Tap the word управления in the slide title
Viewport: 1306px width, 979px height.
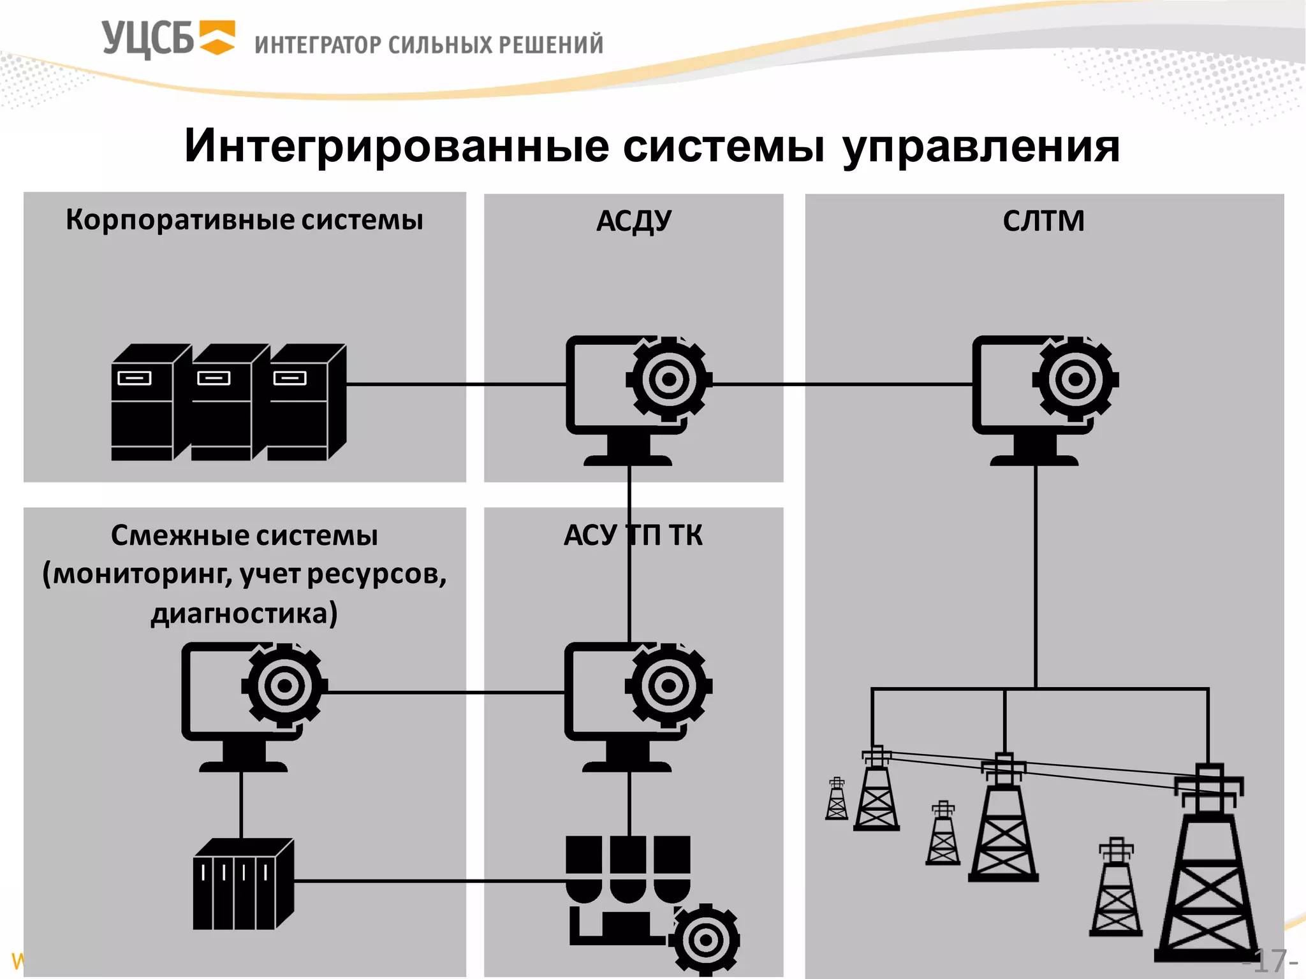[981, 147]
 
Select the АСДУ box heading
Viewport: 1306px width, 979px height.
[633, 221]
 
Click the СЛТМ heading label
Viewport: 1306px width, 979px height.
[1043, 221]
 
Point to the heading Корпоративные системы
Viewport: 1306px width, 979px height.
[244, 220]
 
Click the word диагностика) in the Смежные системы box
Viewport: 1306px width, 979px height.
[244, 613]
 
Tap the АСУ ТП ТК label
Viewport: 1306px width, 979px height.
[633, 535]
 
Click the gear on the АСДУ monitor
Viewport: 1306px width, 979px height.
[668, 380]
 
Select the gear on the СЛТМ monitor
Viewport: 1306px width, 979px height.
[1075, 380]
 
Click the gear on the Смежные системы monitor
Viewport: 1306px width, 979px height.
[284, 686]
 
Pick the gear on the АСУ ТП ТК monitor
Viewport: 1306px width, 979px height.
[668, 686]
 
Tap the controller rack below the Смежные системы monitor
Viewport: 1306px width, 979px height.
[242, 885]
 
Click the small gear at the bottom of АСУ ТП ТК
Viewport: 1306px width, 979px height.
[706, 940]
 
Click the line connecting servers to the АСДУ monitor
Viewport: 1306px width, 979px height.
[456, 384]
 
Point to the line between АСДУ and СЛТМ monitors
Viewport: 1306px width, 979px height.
[842, 384]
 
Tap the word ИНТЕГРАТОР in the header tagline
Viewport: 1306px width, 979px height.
[318, 45]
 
